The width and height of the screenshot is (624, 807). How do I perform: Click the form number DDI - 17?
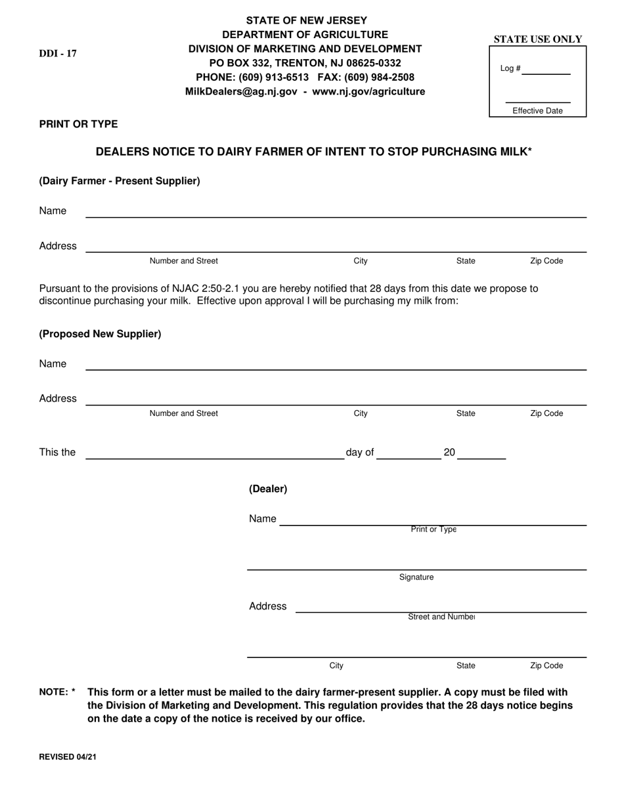[58, 54]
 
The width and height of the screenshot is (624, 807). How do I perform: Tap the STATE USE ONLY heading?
[538, 39]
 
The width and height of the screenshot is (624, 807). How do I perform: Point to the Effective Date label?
[537, 111]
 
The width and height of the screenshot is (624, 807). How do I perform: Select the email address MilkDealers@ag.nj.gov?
[241, 92]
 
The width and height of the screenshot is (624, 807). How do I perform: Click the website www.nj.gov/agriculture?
[368, 92]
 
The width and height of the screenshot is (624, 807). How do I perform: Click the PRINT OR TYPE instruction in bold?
[79, 124]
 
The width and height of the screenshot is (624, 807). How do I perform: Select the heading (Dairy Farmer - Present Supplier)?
[120, 181]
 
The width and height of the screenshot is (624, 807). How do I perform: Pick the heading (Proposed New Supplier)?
[100, 334]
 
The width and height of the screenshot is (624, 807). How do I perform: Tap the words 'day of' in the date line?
[359, 453]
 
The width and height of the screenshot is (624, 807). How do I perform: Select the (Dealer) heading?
[268, 489]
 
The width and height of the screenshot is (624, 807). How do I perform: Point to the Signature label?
[416, 577]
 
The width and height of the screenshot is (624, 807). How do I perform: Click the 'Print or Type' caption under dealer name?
[434, 529]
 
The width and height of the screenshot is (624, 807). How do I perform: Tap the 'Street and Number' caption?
[441, 617]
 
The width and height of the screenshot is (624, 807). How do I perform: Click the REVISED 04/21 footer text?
[68, 756]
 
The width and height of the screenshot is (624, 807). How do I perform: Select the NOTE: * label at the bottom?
[57, 692]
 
